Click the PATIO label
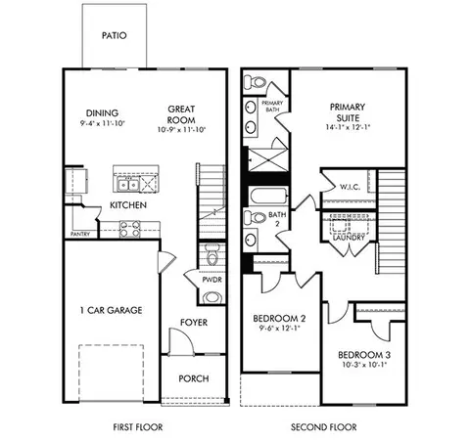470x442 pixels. click(114, 35)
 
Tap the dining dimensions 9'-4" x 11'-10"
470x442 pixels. click(103, 123)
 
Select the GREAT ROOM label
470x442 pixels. click(181, 114)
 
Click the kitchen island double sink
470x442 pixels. click(128, 185)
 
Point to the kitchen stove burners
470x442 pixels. click(129, 229)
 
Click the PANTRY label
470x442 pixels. click(80, 234)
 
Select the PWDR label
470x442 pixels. click(211, 280)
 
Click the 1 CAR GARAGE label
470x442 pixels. click(112, 310)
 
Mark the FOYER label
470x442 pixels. click(194, 323)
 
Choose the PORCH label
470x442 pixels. click(194, 378)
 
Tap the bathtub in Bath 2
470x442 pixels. click(268, 196)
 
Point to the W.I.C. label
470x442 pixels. click(351, 187)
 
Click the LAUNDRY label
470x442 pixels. click(349, 238)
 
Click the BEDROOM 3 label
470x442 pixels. click(364, 355)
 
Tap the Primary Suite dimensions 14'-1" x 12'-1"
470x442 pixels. click(348, 127)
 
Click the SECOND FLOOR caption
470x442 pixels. click(324, 426)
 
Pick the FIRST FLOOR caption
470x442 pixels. click(138, 426)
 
